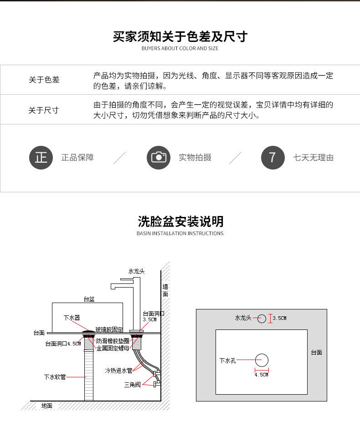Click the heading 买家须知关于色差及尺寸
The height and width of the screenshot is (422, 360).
(180, 36)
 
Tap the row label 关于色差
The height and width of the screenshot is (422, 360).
(44, 80)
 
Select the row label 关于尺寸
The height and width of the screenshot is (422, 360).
(44, 110)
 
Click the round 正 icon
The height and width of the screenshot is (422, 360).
(41, 158)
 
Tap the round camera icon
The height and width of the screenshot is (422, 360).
(159, 158)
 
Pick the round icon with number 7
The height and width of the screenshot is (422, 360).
(273, 158)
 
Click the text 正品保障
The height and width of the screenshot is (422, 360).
(77, 158)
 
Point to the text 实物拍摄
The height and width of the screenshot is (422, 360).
(195, 158)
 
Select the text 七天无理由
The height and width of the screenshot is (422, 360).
(314, 158)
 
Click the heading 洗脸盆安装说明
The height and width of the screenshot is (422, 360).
(180, 221)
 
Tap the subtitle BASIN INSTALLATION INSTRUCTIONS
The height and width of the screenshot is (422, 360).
(180, 233)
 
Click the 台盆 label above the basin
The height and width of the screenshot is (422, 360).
(89, 299)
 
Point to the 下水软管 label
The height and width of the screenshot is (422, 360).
(55, 377)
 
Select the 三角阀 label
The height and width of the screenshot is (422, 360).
(133, 385)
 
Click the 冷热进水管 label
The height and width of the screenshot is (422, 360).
(118, 370)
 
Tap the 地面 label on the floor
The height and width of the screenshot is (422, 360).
(47, 406)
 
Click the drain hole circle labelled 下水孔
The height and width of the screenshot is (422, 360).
(262, 360)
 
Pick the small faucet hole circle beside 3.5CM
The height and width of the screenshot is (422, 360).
(262, 319)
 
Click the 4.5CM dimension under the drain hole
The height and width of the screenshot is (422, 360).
(262, 375)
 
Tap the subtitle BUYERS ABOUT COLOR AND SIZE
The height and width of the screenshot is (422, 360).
(180, 48)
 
